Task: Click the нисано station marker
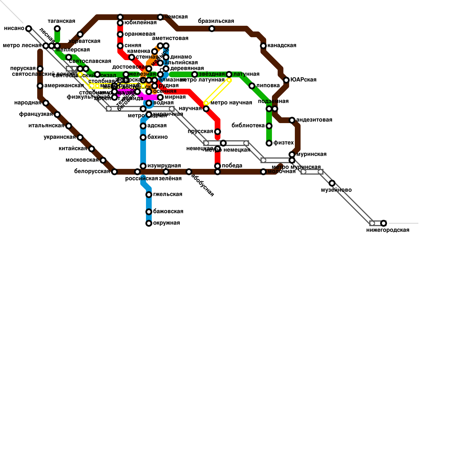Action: tap(28, 28)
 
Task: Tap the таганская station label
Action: tap(61, 21)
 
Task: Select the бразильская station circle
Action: tap(212, 29)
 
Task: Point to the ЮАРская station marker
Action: tap(286, 80)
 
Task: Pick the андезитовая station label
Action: tap(314, 120)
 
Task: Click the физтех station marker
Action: tap(269, 143)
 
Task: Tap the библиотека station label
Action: tap(248, 126)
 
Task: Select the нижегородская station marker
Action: tap(384, 223)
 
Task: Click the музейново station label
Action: tap(336, 190)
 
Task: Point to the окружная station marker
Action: tap(149, 223)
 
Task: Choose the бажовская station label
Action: tap(168, 212)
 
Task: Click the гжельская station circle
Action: tap(149, 195)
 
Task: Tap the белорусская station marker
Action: tap(114, 172)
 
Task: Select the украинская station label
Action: tap(60, 137)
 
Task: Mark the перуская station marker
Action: tap(40, 69)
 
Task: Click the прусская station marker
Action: tap(218, 132)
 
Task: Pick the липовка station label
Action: tap(268, 86)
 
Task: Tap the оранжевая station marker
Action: tap(120, 34)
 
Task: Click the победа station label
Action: tap(232, 166)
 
